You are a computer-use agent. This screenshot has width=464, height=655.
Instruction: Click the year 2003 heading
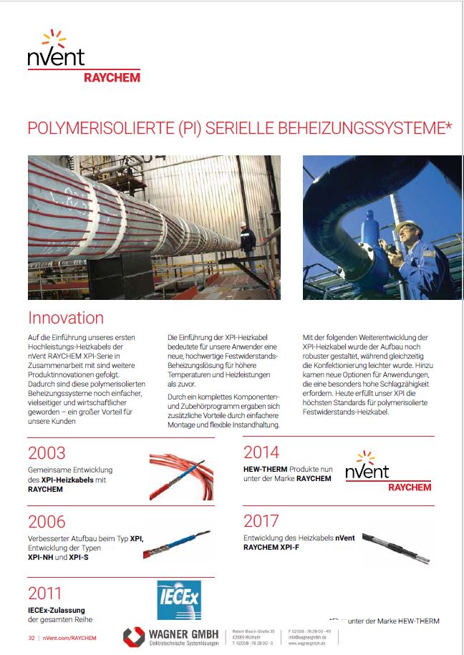pos(47,453)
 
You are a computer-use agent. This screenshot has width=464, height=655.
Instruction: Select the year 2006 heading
pos(47,522)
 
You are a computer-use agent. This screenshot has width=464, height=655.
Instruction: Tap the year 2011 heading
pos(45,593)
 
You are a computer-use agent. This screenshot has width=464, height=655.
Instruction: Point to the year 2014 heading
pos(261,452)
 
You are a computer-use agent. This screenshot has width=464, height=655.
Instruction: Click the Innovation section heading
pos(66,318)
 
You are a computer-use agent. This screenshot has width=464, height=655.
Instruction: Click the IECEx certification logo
pos(178,600)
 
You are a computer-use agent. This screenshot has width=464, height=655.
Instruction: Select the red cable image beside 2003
pos(181,475)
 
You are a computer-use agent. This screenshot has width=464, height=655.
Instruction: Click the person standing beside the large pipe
pos(248,246)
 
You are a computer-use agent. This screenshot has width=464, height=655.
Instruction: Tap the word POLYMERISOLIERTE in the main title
pos(96,129)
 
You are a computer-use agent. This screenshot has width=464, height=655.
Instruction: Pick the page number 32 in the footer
pos(32,637)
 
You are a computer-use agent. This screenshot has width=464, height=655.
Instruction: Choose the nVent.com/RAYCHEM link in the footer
pos(69,637)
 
